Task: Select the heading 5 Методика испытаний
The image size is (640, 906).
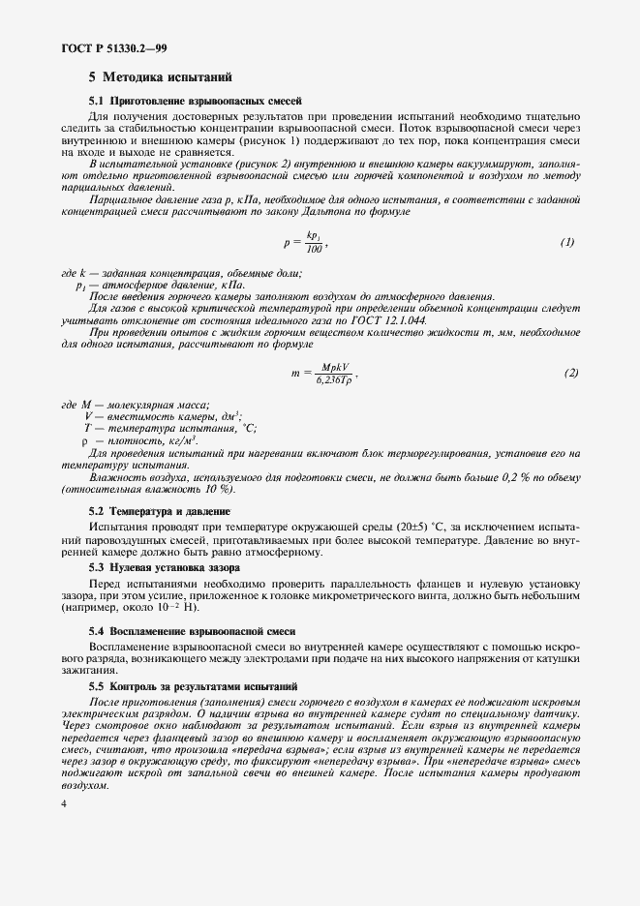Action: point(160,76)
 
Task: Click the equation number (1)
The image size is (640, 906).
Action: point(567,242)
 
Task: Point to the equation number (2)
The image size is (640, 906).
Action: point(571,373)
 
